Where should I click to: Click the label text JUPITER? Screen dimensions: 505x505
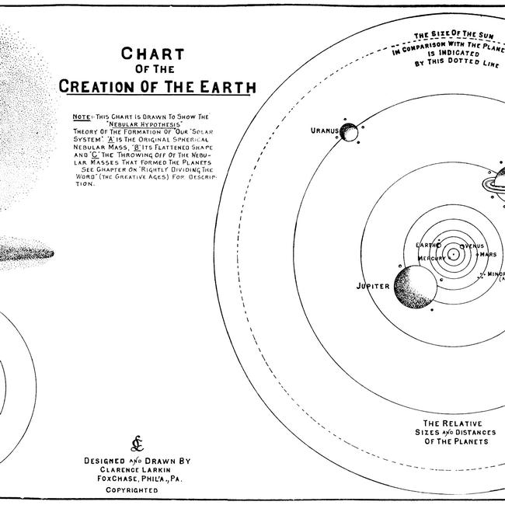[372, 286]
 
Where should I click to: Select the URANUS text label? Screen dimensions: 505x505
[324, 131]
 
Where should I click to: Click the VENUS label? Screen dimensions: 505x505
[472, 246]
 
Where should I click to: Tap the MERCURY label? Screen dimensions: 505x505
[430, 257]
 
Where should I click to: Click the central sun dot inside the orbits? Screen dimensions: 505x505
[451, 252]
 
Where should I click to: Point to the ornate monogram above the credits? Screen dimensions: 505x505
[137, 444]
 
